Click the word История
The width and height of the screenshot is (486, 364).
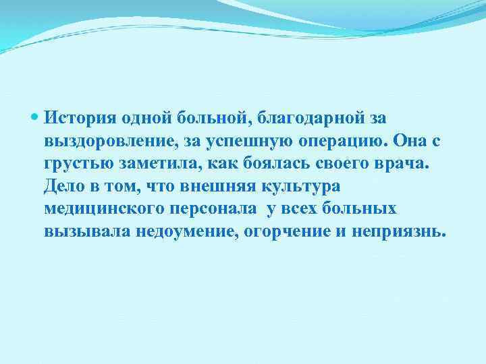point(80,119)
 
